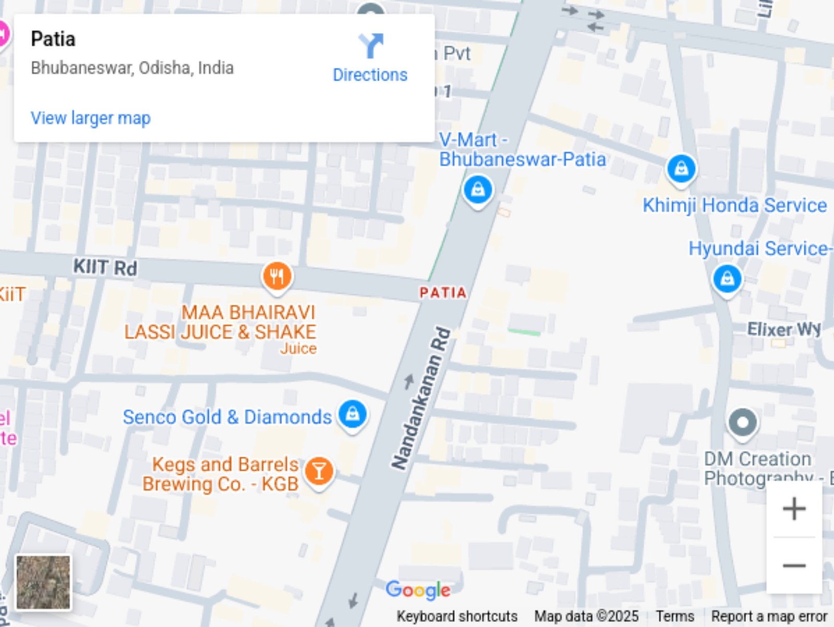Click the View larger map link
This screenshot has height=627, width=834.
click(91, 118)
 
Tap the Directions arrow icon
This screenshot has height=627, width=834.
click(371, 46)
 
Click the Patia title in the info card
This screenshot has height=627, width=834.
click(53, 39)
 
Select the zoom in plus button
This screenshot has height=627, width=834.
click(794, 509)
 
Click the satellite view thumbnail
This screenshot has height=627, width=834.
click(43, 582)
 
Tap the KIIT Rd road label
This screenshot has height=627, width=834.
click(105, 267)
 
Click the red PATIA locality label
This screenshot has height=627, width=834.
click(443, 293)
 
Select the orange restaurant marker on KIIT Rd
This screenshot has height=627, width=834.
click(277, 276)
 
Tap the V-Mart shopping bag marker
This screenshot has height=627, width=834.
click(477, 190)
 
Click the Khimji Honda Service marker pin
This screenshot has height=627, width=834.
click(681, 169)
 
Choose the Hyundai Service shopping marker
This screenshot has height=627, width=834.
click(727, 279)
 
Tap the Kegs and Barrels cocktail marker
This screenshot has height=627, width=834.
click(319, 472)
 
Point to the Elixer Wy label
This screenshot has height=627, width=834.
click(783, 329)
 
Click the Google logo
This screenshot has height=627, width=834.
click(418, 590)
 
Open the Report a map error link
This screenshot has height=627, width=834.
click(769, 616)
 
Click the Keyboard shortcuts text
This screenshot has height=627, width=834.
click(457, 616)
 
